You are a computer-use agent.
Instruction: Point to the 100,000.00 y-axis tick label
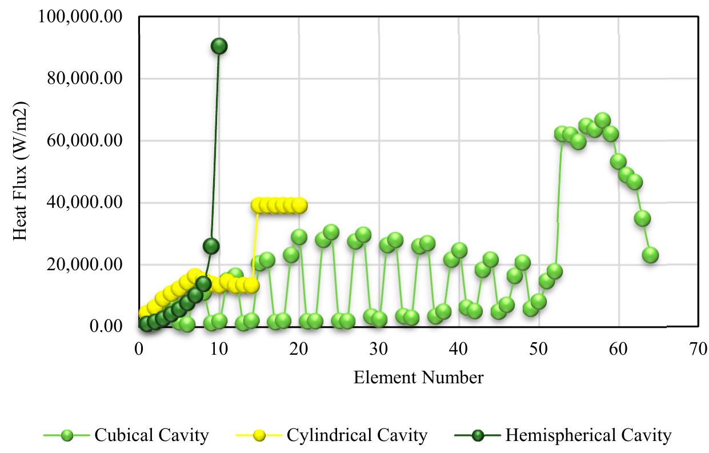tap(80, 17)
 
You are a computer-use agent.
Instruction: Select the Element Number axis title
tap(418, 378)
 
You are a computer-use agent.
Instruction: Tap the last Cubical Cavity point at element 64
tap(650, 255)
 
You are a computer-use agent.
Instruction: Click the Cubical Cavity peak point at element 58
tap(602, 121)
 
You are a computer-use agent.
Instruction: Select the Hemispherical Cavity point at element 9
tap(211, 246)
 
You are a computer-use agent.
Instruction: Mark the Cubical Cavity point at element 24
tap(331, 232)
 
